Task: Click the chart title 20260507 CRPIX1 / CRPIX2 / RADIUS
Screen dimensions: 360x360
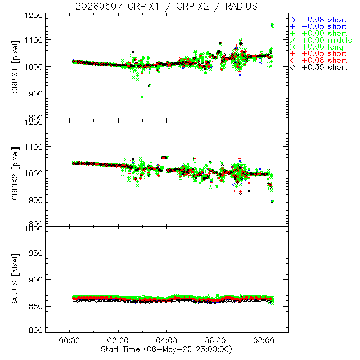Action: pyautogui.click(x=166, y=6)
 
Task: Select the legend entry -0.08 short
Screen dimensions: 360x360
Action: pyautogui.click(x=319, y=20)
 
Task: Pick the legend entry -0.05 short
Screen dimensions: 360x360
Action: pyautogui.click(x=319, y=26)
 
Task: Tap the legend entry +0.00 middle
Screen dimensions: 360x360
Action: pyautogui.click(x=321, y=40)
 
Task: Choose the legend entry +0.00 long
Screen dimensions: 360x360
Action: pyautogui.click(x=317, y=47)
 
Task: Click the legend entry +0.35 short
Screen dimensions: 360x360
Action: pyautogui.click(x=319, y=67)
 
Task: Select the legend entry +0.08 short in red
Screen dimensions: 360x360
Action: pyautogui.click(x=319, y=60)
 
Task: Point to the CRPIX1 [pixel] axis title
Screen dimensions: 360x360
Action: pyautogui.click(x=15, y=67)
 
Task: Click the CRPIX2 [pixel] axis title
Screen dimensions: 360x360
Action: pyautogui.click(x=15, y=173)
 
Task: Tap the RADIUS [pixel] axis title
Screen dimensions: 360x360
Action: pyautogui.click(x=15, y=280)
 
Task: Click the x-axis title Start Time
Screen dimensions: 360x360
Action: pyautogui.click(x=166, y=349)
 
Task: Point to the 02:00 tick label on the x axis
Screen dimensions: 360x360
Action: pyautogui.click(x=118, y=340)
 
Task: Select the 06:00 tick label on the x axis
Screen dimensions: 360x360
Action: pyautogui.click(x=215, y=340)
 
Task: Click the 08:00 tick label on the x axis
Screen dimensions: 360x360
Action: pyautogui.click(x=264, y=340)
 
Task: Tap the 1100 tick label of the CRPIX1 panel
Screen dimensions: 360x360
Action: pyautogui.click(x=34, y=40)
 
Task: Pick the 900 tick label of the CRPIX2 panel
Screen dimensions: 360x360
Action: pyautogui.click(x=35, y=200)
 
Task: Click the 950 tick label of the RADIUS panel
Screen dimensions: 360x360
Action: pyautogui.click(x=35, y=253)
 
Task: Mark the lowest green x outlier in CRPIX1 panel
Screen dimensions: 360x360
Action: pyautogui.click(x=142, y=97)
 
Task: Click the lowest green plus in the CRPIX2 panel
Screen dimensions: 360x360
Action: pyautogui.click(x=273, y=219)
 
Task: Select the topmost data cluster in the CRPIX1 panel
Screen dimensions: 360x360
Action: pyautogui.click(x=272, y=25)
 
